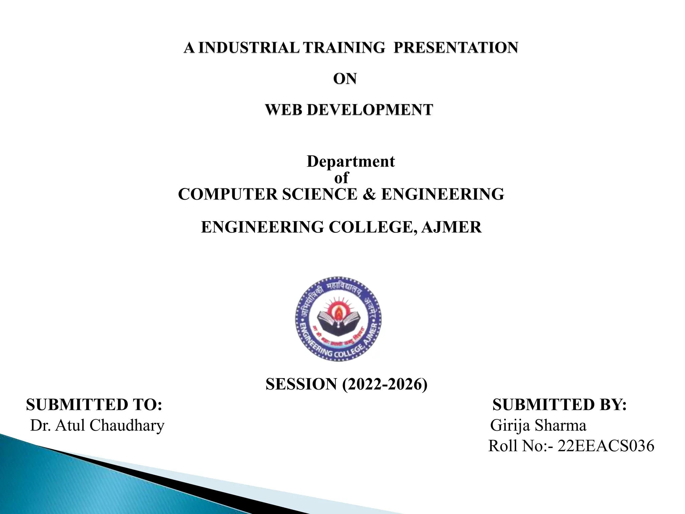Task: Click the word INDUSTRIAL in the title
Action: pos(249,48)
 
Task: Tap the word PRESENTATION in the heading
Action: pos(456,48)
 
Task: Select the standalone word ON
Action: pos(345,79)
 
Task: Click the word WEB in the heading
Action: pos(284,110)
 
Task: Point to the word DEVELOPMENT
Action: pos(370,110)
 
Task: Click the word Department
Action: pos(351,161)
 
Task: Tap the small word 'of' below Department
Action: pos(341,178)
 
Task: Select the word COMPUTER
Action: pos(227,194)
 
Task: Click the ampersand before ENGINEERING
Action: pos(369,194)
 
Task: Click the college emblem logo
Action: pos(338,319)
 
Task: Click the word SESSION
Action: pos(301,384)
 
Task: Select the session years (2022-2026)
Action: pos(385,384)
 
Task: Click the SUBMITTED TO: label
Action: pos(94,405)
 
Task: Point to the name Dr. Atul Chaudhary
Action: pos(97,425)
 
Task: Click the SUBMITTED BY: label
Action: pos(560,405)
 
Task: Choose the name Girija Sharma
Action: pos(538,425)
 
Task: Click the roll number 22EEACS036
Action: pos(606,446)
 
